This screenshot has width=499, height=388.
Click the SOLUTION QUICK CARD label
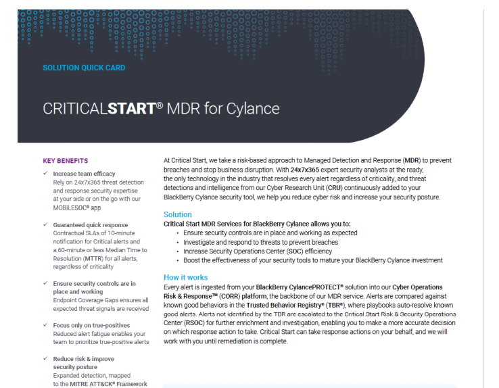(84, 68)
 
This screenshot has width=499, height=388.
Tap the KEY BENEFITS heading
(66, 161)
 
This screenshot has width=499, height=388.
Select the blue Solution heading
(178, 214)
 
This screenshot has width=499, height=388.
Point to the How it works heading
(186, 277)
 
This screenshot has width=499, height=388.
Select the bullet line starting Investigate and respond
(260, 242)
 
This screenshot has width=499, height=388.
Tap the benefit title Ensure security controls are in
(94, 284)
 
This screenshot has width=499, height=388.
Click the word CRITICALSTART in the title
(99, 109)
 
